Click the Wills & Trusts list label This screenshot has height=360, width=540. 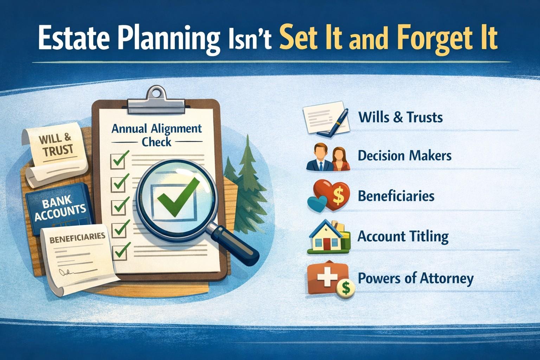[x=400, y=117]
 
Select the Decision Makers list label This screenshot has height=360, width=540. [x=405, y=155]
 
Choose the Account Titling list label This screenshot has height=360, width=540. [x=403, y=236]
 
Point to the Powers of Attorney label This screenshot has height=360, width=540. [x=416, y=278]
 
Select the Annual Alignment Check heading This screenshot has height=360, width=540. [x=156, y=135]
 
